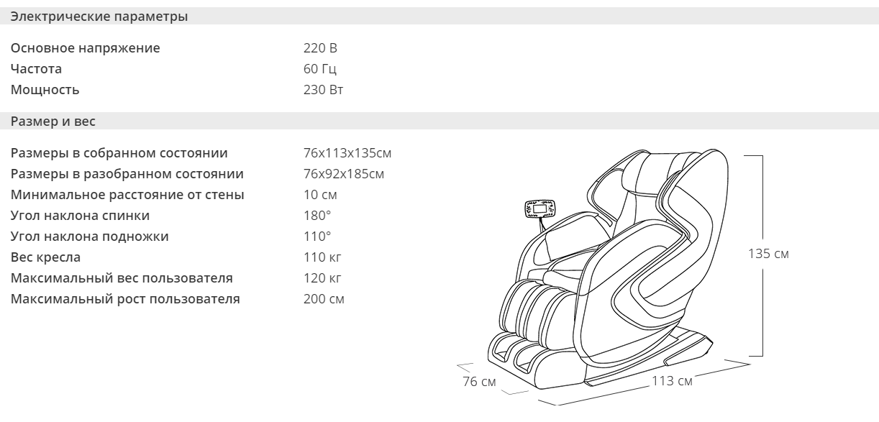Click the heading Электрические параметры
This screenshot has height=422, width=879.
(99, 17)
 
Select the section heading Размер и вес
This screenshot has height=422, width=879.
(53, 121)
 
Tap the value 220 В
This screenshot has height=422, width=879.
(320, 48)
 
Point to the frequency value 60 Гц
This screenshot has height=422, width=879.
(320, 68)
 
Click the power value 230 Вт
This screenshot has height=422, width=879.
(324, 89)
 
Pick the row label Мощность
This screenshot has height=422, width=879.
(45, 89)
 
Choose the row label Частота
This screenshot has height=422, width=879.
(36, 68)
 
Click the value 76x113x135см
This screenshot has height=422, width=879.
(347, 152)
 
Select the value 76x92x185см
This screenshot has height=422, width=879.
(344, 173)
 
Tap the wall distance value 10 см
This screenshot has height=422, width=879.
(320, 195)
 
